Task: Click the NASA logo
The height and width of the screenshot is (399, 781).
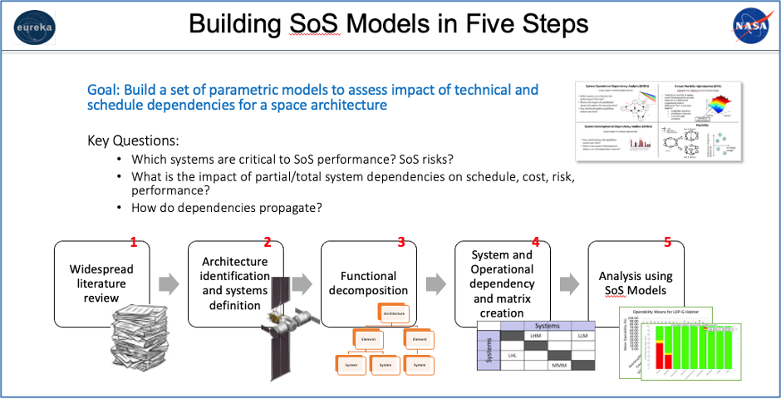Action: (749, 24)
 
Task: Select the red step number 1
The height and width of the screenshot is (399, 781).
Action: (133, 243)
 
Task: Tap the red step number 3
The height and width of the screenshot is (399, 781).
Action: (401, 243)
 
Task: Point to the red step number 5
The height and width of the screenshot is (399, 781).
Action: (667, 243)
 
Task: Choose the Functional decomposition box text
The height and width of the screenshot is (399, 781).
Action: (368, 283)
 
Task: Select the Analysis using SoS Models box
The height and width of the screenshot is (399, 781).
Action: (636, 283)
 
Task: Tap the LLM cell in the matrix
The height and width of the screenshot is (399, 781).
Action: (582, 336)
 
